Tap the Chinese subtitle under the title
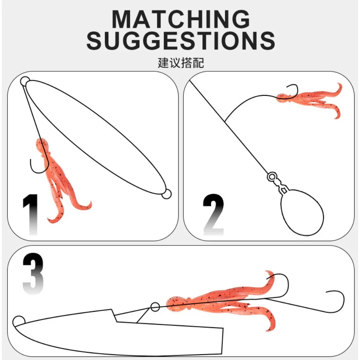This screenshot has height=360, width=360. click(181, 63)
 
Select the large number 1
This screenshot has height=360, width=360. click(31, 215)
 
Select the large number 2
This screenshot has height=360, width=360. click(213, 215)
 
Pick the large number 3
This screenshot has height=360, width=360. click(33, 274)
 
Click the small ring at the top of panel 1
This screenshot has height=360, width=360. click(25, 81)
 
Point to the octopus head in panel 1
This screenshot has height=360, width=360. click(41, 145)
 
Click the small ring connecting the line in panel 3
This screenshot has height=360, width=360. click(155, 307)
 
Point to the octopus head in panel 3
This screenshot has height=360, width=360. click(176, 303)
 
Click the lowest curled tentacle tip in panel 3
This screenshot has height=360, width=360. click(268, 330)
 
